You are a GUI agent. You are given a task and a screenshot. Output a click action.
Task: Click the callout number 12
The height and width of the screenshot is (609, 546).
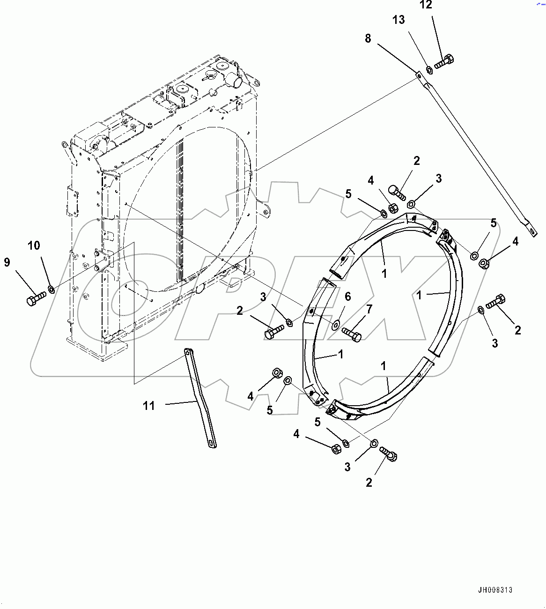pyautogui.click(x=426, y=5)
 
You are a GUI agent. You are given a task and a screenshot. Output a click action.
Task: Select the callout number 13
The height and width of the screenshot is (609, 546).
pyautogui.click(x=398, y=20)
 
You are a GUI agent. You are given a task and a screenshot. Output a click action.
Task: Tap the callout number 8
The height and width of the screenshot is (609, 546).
pyautogui.click(x=368, y=38)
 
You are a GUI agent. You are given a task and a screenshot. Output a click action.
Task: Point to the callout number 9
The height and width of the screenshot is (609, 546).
pyautogui.click(x=7, y=262)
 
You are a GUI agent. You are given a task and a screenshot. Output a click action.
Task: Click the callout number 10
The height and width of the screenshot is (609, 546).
pyautogui.click(x=34, y=245)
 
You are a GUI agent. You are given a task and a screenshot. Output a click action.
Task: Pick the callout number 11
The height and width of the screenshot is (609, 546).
pyautogui.click(x=149, y=406)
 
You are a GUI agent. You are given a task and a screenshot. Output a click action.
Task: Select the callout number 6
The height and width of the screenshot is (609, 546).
pyautogui.click(x=347, y=297)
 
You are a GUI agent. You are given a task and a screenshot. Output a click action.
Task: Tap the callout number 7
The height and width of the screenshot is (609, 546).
pyautogui.click(x=369, y=309)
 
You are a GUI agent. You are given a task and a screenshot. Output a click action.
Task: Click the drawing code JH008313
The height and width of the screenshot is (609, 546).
pyautogui.click(x=495, y=590)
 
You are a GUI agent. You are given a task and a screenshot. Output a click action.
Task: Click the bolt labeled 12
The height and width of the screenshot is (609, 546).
pyautogui.click(x=443, y=61)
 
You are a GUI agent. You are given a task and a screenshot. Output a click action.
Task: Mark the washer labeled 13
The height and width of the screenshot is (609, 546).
pyautogui.click(x=429, y=70)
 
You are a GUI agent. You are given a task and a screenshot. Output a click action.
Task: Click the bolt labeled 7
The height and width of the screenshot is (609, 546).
pyautogui.click(x=351, y=334)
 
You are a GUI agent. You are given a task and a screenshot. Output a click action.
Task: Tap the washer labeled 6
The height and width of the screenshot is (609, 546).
pyautogui.click(x=336, y=324)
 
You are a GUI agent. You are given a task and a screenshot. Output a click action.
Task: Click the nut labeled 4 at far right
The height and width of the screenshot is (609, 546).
pyautogui.click(x=484, y=264)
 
